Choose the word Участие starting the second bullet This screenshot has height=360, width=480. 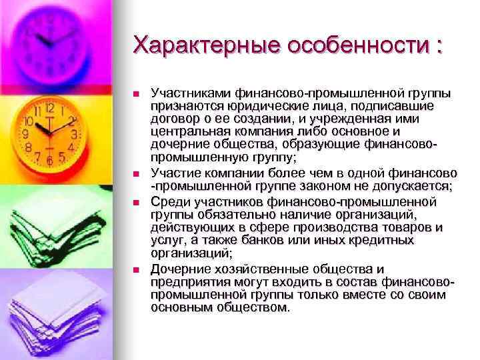coord(175,172)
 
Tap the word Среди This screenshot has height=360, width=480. coord(168,201)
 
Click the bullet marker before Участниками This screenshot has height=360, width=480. coord(137,93)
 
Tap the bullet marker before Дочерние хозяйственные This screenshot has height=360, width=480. coord(137,269)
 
